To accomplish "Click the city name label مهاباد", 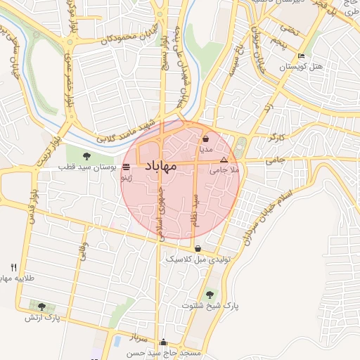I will (160, 166).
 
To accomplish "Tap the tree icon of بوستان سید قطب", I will (86, 156).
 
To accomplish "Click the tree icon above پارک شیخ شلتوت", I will (209, 294).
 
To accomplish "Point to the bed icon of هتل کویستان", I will (302, 56).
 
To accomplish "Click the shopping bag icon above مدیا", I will (205, 139).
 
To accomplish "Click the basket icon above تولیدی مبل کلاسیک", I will (199, 248).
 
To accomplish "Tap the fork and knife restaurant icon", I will (14, 268).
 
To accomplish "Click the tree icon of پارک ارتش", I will (42, 307).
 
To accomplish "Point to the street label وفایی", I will (83, 253).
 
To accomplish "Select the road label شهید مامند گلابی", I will (127, 131).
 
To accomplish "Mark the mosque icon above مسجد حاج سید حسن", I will (164, 342).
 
